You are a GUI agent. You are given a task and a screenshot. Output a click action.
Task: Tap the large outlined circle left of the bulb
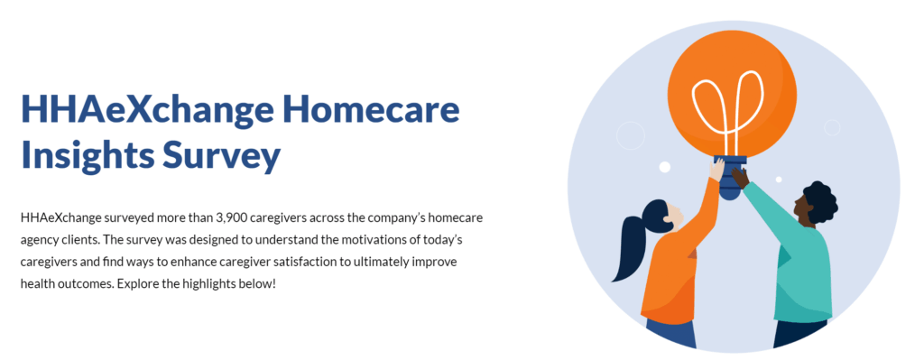[631, 135]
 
